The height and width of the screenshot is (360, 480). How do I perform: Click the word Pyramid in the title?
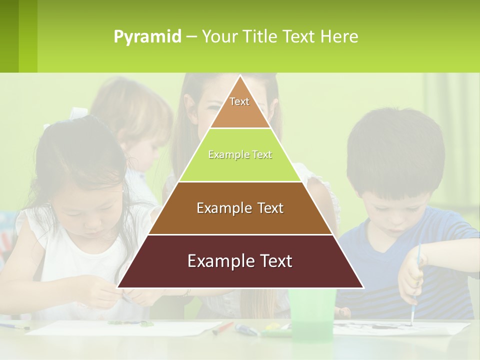pyautogui.click(x=147, y=37)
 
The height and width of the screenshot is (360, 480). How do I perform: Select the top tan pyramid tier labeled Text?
pyautogui.click(x=240, y=107)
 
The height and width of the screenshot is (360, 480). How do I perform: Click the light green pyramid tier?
pyautogui.click(x=240, y=155)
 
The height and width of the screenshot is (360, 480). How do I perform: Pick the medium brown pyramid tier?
pyautogui.click(x=240, y=208)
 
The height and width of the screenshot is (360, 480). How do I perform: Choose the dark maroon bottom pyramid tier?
pyautogui.click(x=240, y=261)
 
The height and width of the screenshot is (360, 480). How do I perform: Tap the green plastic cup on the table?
pyautogui.click(x=312, y=315)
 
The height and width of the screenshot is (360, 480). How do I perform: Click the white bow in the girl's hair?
pyautogui.click(x=78, y=112)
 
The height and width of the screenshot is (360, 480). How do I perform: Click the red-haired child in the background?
pyautogui.click(x=140, y=120)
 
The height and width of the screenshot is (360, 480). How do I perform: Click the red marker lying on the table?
pyautogui.click(x=223, y=328)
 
